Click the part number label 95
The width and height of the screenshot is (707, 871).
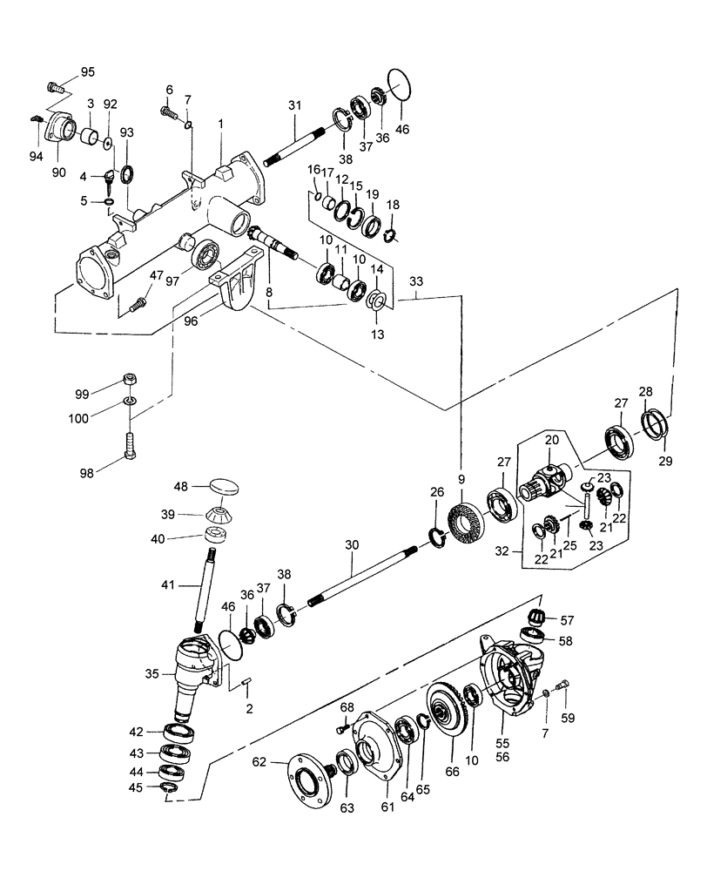click(90, 71)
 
